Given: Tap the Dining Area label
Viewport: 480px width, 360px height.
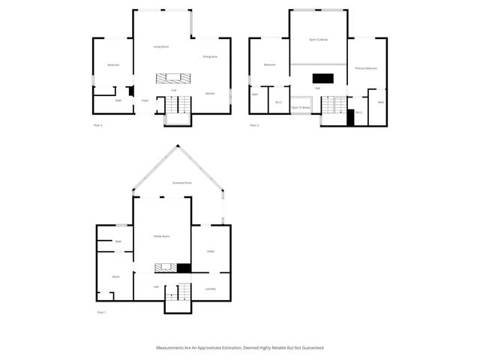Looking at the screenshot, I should click(x=209, y=57).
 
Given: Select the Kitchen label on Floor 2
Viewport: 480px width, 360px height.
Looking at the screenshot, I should click(x=210, y=93).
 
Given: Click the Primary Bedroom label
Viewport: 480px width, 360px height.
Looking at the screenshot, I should click(x=365, y=68).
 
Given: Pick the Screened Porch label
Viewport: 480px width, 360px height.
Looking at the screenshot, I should click(x=178, y=183).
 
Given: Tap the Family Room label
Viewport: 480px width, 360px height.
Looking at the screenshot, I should click(x=161, y=236).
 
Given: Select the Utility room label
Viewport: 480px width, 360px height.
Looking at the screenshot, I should click(x=211, y=251).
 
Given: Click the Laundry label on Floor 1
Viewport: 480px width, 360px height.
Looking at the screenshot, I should click(x=211, y=289).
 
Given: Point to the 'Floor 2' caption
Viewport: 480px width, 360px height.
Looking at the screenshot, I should click(x=97, y=124).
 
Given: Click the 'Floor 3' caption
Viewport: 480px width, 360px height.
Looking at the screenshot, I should click(x=253, y=124).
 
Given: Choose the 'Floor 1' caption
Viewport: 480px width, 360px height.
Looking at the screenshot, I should click(x=101, y=311).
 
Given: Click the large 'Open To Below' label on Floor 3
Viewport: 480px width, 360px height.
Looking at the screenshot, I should click(x=319, y=39).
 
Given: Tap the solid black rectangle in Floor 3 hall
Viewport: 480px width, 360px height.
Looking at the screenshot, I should click(x=322, y=77).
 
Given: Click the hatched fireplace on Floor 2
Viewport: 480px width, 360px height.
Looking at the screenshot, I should click(x=169, y=78).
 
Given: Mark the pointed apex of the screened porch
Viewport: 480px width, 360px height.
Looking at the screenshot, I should click(x=178, y=145).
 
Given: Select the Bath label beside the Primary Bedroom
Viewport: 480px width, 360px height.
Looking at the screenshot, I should click(x=380, y=102).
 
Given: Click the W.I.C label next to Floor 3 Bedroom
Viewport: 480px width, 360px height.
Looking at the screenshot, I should click(x=278, y=102).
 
